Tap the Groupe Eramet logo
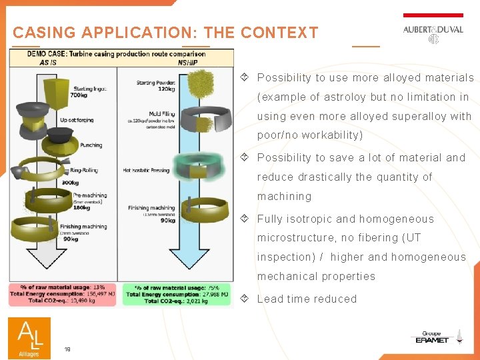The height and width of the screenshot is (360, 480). (x=431, y=338)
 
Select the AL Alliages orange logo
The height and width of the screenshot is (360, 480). (x=29, y=337)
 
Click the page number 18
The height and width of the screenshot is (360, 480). (x=67, y=349)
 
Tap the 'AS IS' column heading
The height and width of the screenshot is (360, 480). (x=48, y=63)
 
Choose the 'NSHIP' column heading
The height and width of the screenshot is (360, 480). (x=187, y=63)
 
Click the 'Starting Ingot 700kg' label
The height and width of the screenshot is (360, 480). (x=88, y=91)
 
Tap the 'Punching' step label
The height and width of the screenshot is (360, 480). (x=91, y=145)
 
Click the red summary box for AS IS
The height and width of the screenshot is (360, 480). (x=64, y=294)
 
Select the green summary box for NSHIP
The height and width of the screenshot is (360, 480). (x=177, y=294)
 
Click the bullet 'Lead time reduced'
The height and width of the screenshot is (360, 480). (x=307, y=299)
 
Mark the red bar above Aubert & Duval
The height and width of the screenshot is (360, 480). (x=433, y=15)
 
